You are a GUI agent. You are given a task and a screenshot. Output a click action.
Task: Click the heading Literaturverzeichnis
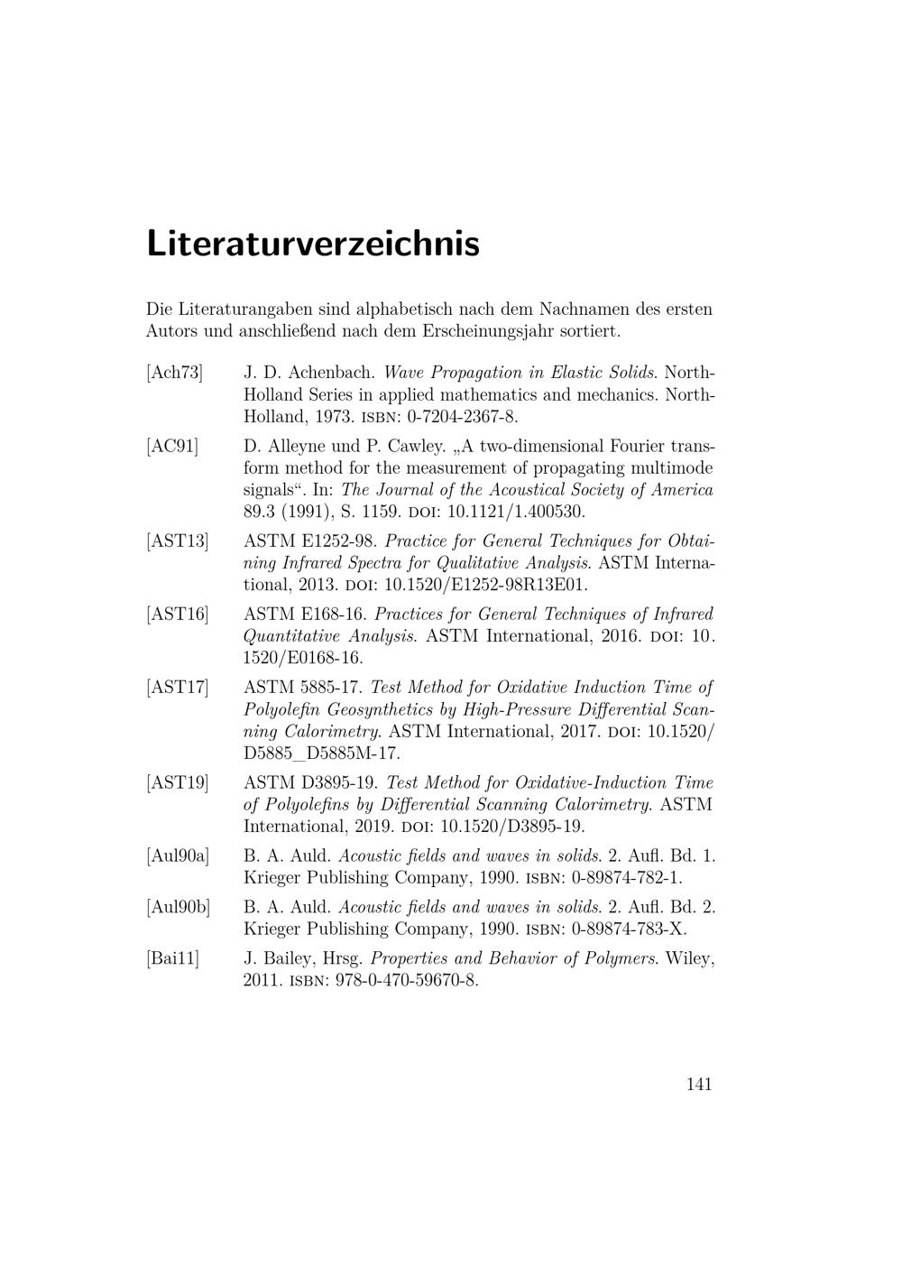tap(313, 244)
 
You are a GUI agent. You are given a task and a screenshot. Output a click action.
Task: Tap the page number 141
tap(699, 1084)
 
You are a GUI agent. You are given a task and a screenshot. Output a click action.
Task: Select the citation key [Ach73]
tap(175, 373)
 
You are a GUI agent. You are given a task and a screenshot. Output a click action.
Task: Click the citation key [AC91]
tap(172, 446)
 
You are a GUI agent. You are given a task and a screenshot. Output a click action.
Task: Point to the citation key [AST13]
tap(178, 541)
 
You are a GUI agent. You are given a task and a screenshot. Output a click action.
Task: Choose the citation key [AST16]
tap(178, 615)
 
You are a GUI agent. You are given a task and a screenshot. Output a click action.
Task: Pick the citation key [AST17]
tap(178, 688)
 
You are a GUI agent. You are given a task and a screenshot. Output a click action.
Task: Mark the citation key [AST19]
tap(178, 783)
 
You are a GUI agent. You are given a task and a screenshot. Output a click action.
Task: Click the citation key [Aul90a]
tap(178, 855)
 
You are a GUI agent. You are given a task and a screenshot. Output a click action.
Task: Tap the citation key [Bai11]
tap(173, 958)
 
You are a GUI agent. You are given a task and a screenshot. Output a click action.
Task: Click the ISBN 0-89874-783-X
tap(628, 929)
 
